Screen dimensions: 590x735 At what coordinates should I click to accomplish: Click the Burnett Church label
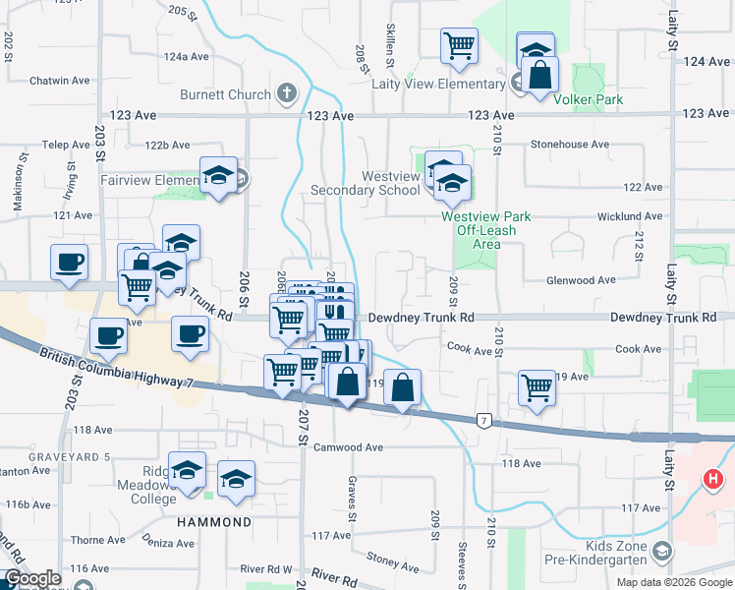click(x=224, y=95)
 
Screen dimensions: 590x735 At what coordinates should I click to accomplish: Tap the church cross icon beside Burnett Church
click(x=286, y=94)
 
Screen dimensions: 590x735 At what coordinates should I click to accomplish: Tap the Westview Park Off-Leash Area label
click(x=485, y=229)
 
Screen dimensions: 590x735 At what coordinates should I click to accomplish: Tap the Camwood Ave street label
click(x=347, y=446)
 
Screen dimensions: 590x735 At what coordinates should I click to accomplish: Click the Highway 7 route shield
click(x=483, y=421)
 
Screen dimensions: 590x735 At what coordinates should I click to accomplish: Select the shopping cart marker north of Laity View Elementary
click(x=459, y=45)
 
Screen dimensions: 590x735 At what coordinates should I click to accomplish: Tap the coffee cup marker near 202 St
click(x=69, y=263)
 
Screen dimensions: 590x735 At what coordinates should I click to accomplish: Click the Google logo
click(x=32, y=578)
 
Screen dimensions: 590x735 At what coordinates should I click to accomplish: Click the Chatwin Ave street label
click(x=60, y=81)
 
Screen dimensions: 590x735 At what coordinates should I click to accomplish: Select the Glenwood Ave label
click(x=581, y=280)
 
